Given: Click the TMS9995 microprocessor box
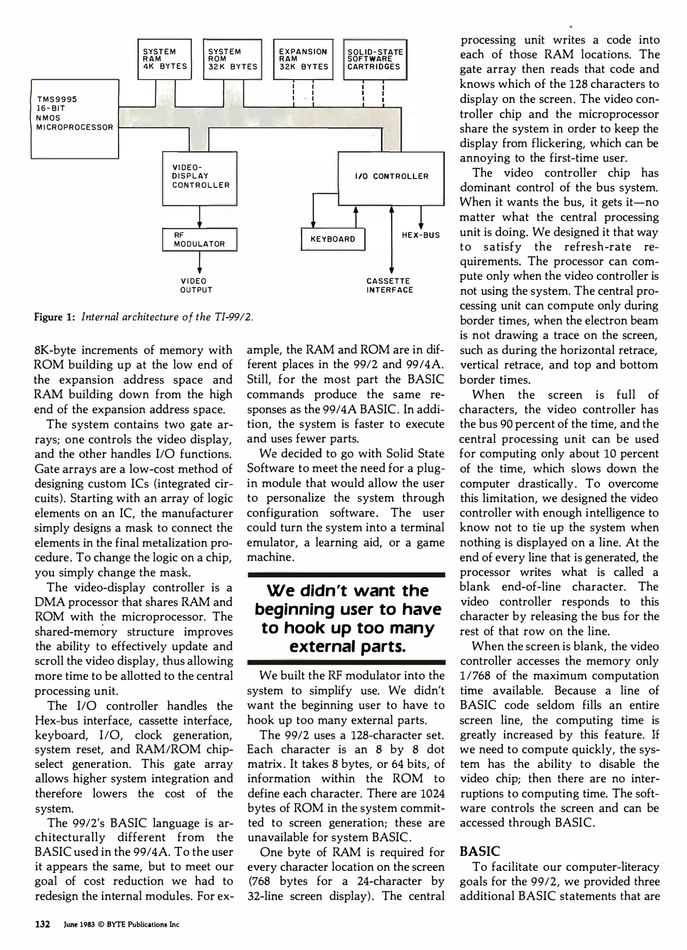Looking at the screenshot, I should pyautogui.click(x=74, y=119).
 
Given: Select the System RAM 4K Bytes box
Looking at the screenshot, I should pyautogui.click(x=165, y=59).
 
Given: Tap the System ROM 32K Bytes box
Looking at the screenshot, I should pyautogui.click(x=232, y=59).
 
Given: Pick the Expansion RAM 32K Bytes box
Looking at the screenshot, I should pyautogui.click(x=303, y=59).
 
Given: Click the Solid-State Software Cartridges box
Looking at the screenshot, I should pyautogui.click(x=375, y=59).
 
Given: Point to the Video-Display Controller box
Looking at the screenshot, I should pyautogui.click(x=200, y=178).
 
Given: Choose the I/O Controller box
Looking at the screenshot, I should pyautogui.click(x=391, y=178).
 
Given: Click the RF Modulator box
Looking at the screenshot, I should pyautogui.click(x=199, y=240).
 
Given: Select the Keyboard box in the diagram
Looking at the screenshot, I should pyautogui.click(x=333, y=239).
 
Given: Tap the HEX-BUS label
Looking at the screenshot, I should pyautogui.click(x=421, y=235).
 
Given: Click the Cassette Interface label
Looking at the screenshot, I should pyautogui.click(x=390, y=285).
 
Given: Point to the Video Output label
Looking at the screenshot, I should pyautogui.click(x=196, y=285).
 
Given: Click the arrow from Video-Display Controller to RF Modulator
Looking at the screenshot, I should pyautogui.click(x=200, y=217).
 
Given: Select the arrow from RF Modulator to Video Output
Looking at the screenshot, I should pyautogui.click(x=200, y=263).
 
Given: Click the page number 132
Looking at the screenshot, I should pyautogui.click(x=43, y=924).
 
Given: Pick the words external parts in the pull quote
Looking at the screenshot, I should pyautogui.click(x=347, y=647).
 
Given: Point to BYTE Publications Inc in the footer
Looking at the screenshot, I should pyautogui.click(x=143, y=924).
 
